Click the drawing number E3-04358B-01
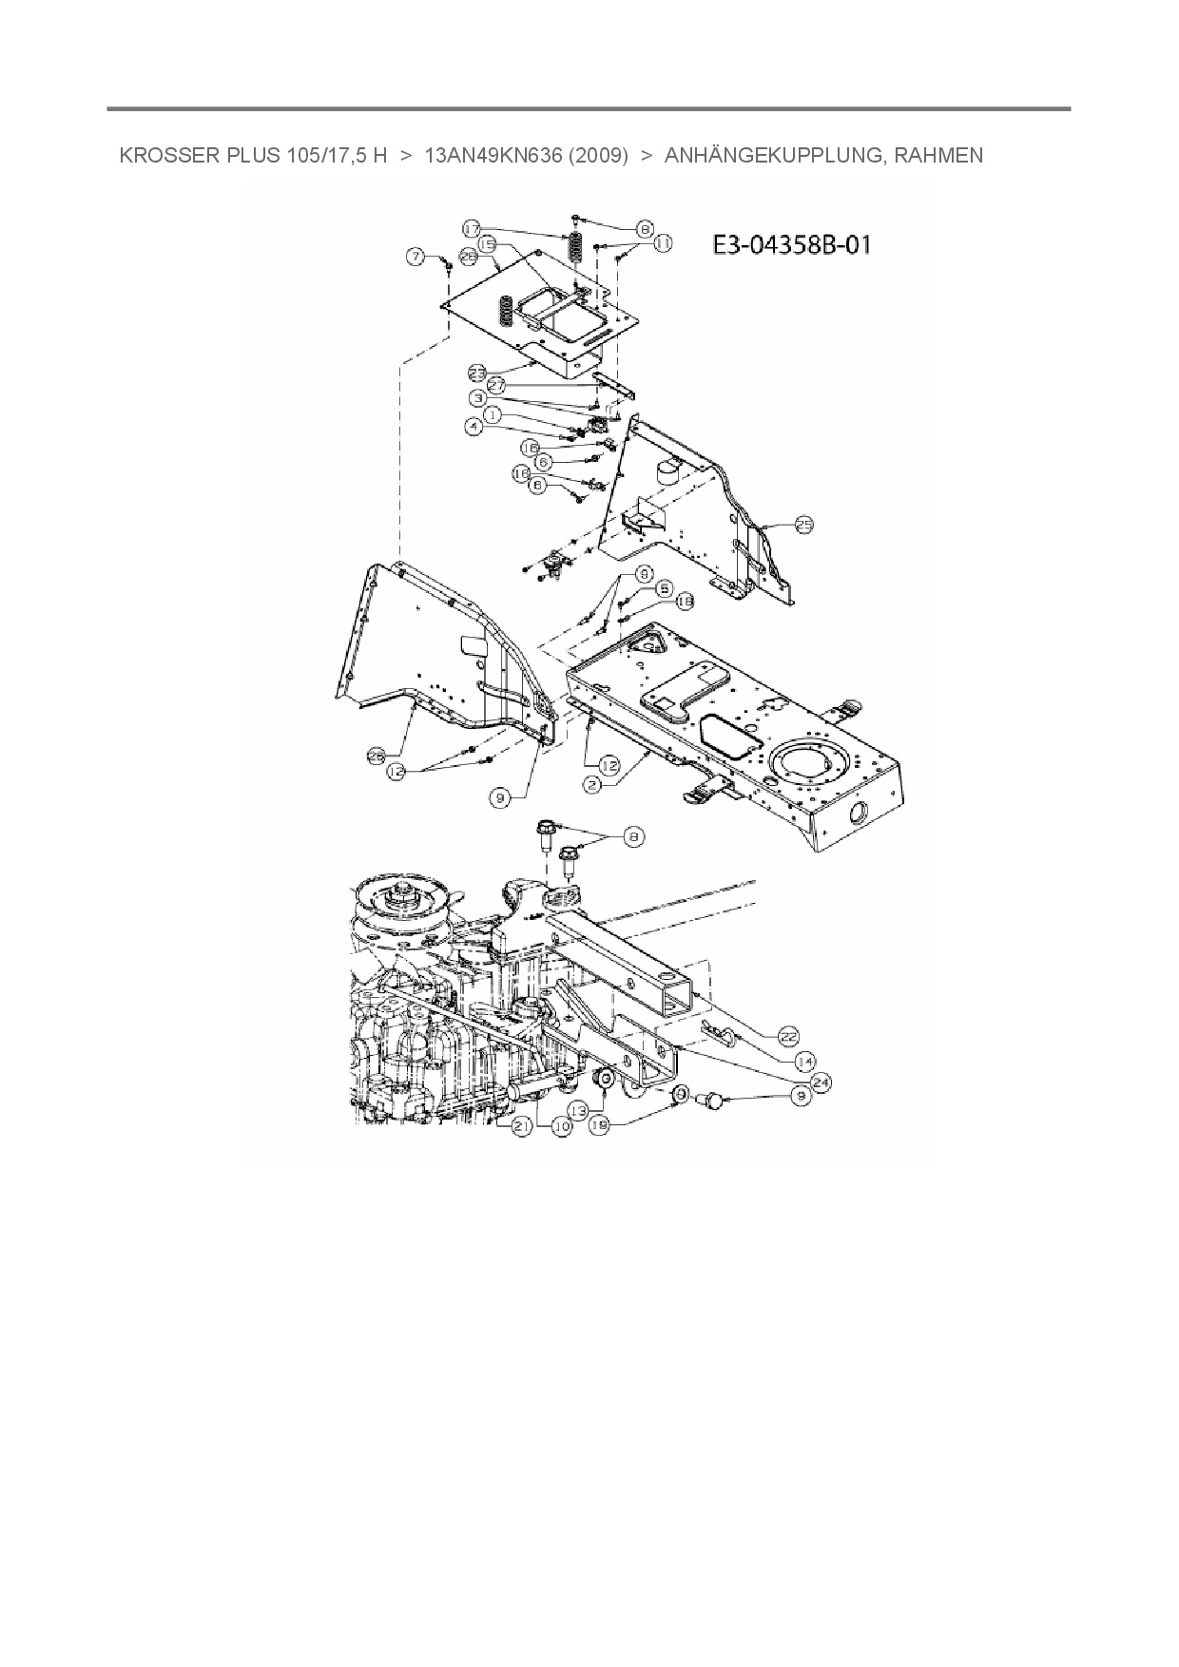pos(791,245)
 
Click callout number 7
pos(415,256)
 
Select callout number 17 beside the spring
pos(473,228)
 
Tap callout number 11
pos(662,244)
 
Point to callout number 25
pos(803,524)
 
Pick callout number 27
pos(496,386)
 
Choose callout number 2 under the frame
pos(592,785)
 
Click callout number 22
pos(788,1035)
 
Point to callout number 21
pos(520,1126)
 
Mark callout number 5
pos(663,588)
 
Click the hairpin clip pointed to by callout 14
pos(720,1033)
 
